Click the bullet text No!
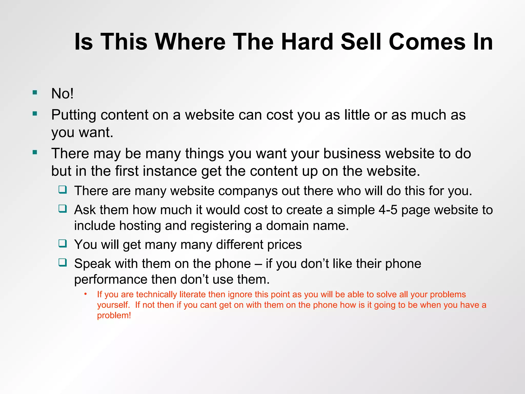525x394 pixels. tap(62, 93)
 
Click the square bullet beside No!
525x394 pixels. tap(35, 92)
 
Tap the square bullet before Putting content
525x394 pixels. tap(35, 114)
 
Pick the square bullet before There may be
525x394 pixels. tap(35, 153)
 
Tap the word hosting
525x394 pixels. tap(140, 226)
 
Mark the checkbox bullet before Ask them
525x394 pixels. tap(63, 209)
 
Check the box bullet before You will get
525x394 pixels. tap(63, 243)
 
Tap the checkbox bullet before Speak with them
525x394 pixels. tap(63, 262)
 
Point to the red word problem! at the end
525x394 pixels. tap(114, 316)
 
